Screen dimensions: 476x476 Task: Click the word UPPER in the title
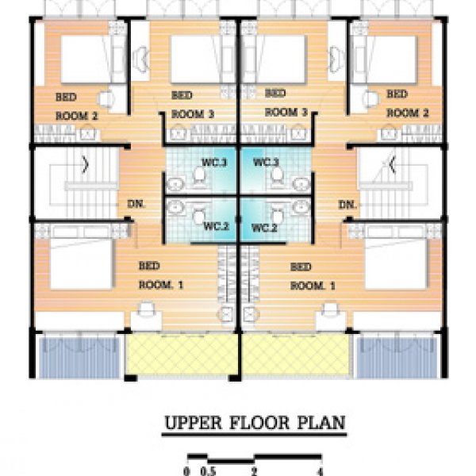193,423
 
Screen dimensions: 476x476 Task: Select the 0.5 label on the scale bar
208,471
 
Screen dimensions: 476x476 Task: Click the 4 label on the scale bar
320,471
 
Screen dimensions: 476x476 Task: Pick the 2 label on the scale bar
254,471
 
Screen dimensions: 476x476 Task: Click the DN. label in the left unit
136,204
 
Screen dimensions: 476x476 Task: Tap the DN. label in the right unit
347,205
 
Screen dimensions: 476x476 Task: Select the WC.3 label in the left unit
214,163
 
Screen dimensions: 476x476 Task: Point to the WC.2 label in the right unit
265,228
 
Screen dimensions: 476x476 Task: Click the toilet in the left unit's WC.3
199,177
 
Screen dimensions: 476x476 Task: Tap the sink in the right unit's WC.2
301,207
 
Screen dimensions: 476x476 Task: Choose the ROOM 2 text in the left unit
77,116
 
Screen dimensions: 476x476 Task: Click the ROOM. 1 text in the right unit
313,286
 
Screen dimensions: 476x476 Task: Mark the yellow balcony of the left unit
182,355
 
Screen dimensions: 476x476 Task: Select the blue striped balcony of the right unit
397,356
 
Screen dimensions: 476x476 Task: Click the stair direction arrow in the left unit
86,164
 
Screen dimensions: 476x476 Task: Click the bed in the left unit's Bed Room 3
197,59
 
